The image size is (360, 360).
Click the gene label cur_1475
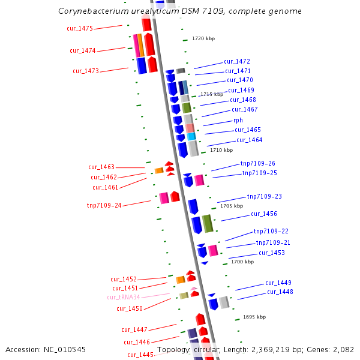(80, 29)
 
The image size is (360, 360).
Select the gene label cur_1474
(83, 50)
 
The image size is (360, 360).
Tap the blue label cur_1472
(237, 61)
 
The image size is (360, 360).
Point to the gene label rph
(238, 120)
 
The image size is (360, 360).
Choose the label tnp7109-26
(258, 163)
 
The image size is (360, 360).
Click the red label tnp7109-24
(104, 205)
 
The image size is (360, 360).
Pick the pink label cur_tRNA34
(124, 297)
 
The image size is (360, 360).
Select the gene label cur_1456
(264, 214)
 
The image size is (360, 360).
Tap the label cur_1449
(278, 283)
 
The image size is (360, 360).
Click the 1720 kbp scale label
(203, 38)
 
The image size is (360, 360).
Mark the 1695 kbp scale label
(254, 317)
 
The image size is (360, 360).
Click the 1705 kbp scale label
(232, 206)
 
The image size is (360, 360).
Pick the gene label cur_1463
(101, 167)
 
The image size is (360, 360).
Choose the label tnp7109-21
(273, 242)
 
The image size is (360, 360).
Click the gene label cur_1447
(134, 329)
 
